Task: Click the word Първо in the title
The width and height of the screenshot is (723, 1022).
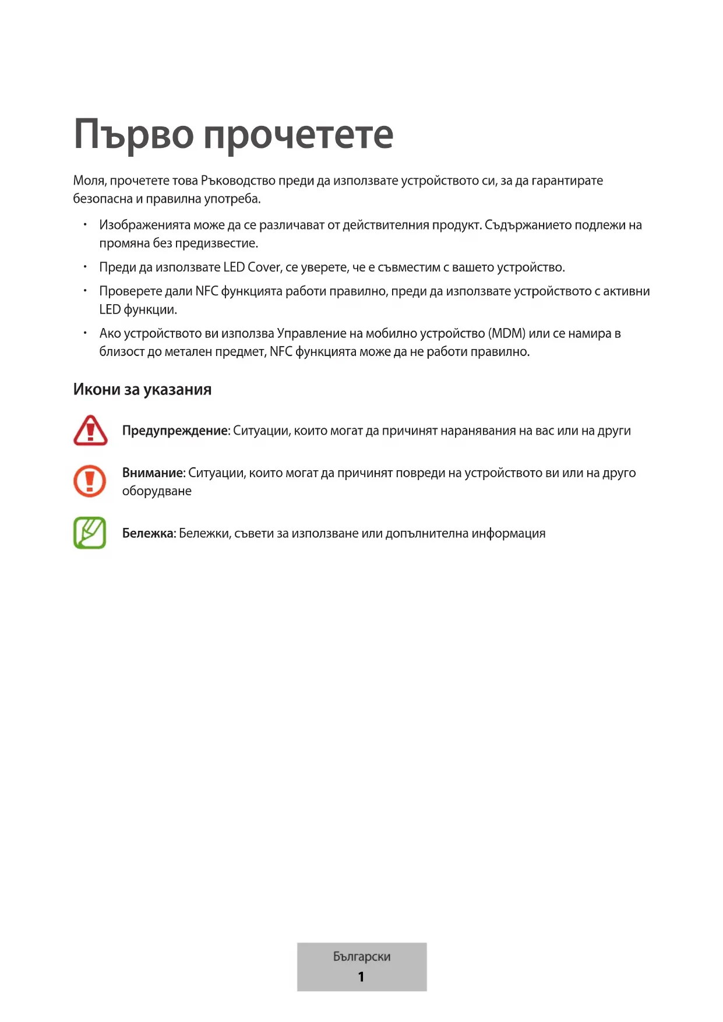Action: (133, 135)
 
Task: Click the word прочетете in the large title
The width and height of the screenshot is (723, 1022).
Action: (298, 135)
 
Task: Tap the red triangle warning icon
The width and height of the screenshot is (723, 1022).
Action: (90, 431)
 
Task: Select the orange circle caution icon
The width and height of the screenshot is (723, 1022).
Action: (90, 481)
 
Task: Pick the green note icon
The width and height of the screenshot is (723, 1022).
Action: (90, 533)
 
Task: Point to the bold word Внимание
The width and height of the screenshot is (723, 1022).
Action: (153, 473)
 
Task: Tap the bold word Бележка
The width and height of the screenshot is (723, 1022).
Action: (148, 534)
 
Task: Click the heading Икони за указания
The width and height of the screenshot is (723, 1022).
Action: (142, 390)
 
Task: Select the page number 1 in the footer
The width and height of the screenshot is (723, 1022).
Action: (361, 977)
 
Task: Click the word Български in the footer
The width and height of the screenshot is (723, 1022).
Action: (362, 957)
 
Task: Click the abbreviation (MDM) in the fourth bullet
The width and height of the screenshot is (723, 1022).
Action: (507, 334)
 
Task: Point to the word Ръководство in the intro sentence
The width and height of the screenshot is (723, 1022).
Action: (238, 181)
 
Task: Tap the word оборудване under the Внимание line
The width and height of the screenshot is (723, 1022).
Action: (157, 491)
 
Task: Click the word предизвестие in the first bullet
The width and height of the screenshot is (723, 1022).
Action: (216, 244)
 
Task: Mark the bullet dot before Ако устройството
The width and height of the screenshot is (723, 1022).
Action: (85, 333)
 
